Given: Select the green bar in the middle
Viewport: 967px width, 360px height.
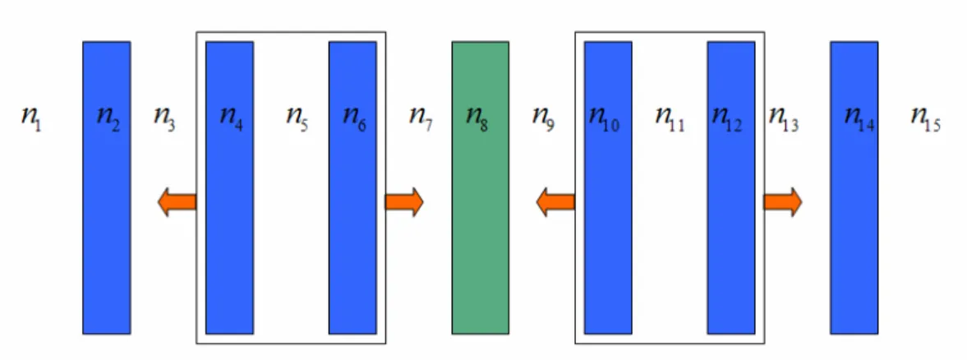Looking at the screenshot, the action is click(481, 188).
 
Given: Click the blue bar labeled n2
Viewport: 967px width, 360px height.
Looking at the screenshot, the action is click(107, 188).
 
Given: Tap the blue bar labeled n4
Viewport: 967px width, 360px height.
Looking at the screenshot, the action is click(229, 188).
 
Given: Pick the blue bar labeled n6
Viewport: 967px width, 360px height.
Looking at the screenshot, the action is click(352, 188).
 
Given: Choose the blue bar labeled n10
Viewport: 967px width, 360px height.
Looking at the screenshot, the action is click(608, 188).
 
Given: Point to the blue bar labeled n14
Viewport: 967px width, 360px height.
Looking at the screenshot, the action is click(854, 188).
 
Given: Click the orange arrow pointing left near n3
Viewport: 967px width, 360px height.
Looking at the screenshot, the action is click(177, 202).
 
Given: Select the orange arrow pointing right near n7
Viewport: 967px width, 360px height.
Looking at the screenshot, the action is click(404, 202).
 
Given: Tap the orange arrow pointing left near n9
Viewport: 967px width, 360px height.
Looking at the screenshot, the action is click(555, 202).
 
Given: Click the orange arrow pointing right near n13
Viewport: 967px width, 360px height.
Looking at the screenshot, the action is click(783, 202).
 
